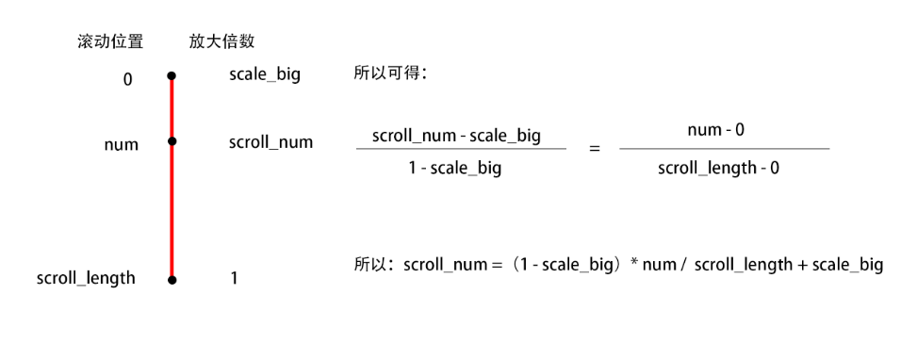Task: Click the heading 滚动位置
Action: click(110, 41)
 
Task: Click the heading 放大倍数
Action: click(221, 41)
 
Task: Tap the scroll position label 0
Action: click(127, 80)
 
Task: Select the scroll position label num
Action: click(122, 144)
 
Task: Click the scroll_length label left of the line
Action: click(86, 278)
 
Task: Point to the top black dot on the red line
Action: click(172, 75)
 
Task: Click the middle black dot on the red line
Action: click(172, 141)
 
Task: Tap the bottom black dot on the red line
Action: click(172, 280)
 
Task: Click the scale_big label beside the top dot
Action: click(264, 74)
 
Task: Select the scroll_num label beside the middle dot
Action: click(270, 142)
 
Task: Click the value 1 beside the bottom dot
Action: click(234, 279)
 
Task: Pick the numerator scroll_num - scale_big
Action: click(456, 135)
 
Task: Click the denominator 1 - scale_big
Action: click(456, 169)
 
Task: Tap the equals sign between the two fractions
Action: click(594, 149)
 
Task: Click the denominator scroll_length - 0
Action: click(718, 168)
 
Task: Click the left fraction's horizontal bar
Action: click(461, 149)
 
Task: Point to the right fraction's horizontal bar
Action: click(724, 148)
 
